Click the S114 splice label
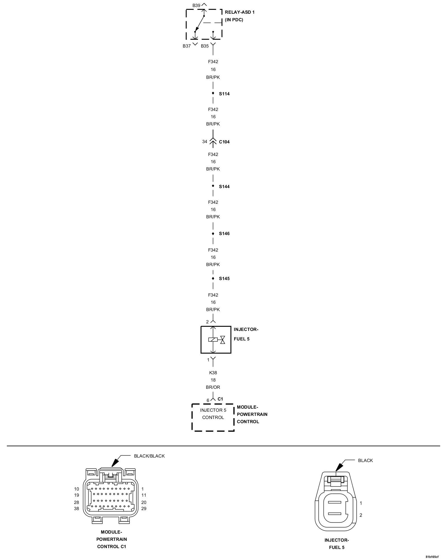224,94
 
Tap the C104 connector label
224,142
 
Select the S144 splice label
224,187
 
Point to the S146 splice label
224,234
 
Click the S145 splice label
224,279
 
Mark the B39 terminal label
196,5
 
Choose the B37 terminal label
187,46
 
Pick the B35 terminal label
205,46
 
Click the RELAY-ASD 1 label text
239,13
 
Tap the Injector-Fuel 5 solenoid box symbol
216,340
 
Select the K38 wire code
213,373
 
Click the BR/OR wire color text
213,387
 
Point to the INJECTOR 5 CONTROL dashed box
213,417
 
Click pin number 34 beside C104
205,142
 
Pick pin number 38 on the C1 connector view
77,509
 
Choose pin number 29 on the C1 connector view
144,509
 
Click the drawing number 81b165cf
432,556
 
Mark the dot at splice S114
213,93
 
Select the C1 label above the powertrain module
220,399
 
